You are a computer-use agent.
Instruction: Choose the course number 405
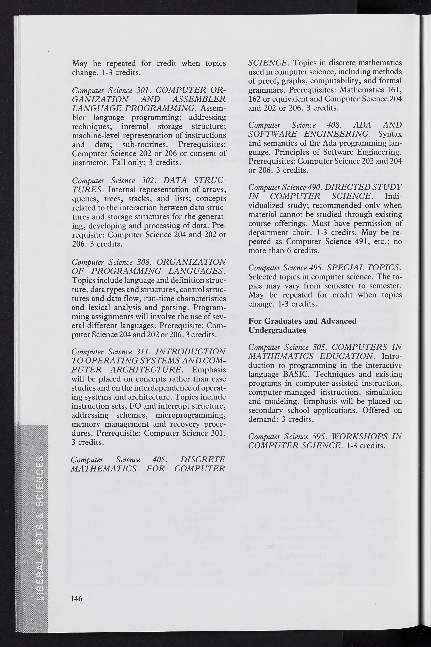[x=160, y=460]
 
